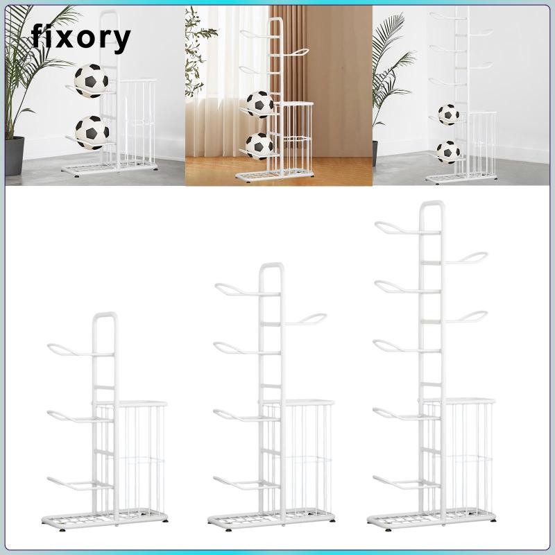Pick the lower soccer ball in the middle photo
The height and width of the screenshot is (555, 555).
click(259, 146)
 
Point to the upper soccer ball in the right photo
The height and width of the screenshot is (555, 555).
click(449, 113)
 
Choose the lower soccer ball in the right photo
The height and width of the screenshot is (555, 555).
click(449, 150)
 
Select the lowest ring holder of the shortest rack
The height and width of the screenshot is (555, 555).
click(67, 481)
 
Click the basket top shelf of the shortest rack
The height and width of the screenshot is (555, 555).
click(131, 403)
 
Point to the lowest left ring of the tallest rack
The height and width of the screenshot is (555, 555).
click(393, 479)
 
